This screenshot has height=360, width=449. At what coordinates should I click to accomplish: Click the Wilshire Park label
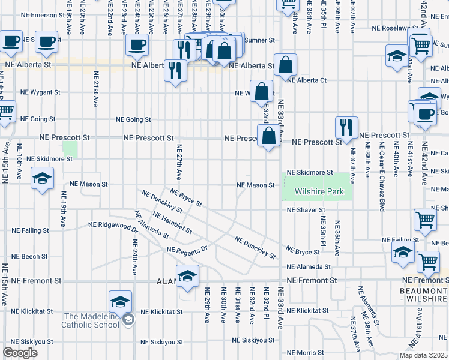pyautogui.click(x=319, y=192)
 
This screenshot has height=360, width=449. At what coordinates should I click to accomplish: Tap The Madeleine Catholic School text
pyautogui.click(x=91, y=320)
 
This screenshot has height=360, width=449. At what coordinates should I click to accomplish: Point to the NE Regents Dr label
pyautogui.click(x=187, y=249)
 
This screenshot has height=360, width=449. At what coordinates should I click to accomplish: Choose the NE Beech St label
pyautogui.click(x=29, y=256)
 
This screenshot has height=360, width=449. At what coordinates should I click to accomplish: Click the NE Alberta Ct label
pyautogui.click(x=306, y=80)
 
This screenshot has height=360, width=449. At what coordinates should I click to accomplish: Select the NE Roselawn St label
pyautogui.click(x=396, y=28)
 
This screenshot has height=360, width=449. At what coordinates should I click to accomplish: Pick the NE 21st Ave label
pyautogui.click(x=95, y=88)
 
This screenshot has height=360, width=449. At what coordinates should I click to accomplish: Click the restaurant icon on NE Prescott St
pyautogui.click(x=347, y=127)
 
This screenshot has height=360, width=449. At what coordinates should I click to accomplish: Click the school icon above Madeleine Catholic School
pyautogui.click(x=120, y=301)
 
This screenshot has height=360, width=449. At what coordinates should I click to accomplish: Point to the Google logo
pyautogui.click(x=20, y=353)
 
